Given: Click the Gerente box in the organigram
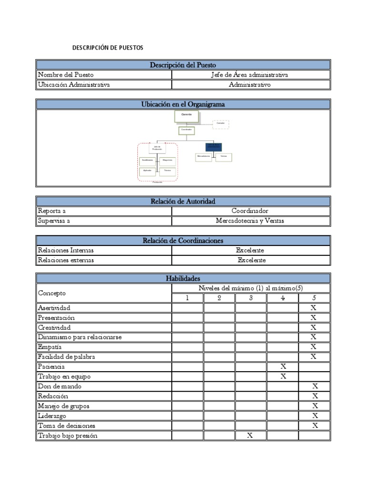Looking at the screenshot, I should pyautogui.click(x=187, y=117).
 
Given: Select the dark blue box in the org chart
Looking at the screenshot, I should pyautogui.click(x=213, y=147).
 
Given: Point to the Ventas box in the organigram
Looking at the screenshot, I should pyautogui.click(x=224, y=157).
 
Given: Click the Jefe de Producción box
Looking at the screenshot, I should pyautogui.click(x=157, y=148).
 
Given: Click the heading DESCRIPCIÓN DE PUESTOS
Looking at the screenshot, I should pyautogui.click(x=107, y=48).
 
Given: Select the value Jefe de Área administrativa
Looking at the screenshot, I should pyautogui.click(x=250, y=75).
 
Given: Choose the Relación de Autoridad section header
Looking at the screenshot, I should pyautogui.click(x=183, y=202).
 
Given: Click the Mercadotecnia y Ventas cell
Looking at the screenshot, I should pyautogui.click(x=250, y=221).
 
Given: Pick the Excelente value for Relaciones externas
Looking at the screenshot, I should pyautogui.click(x=252, y=260).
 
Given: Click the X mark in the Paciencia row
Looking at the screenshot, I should pyautogui.click(x=283, y=366).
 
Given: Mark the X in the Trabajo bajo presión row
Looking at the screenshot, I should pyautogui.click(x=250, y=436).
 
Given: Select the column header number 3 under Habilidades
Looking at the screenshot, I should pyautogui.click(x=251, y=298).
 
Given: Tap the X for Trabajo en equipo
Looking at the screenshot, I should pyautogui.click(x=283, y=376).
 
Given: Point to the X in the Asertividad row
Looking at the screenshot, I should pyautogui.click(x=314, y=308).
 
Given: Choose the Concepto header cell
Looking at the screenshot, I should pyautogui.click(x=52, y=293).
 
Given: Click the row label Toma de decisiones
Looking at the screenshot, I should pyautogui.click(x=67, y=426).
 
